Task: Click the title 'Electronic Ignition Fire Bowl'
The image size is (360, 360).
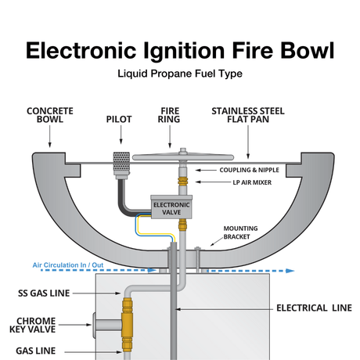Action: [x=180, y=49]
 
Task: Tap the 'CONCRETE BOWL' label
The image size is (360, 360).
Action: [x=49, y=117]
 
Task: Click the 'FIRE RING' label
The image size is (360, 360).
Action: [x=171, y=117]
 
